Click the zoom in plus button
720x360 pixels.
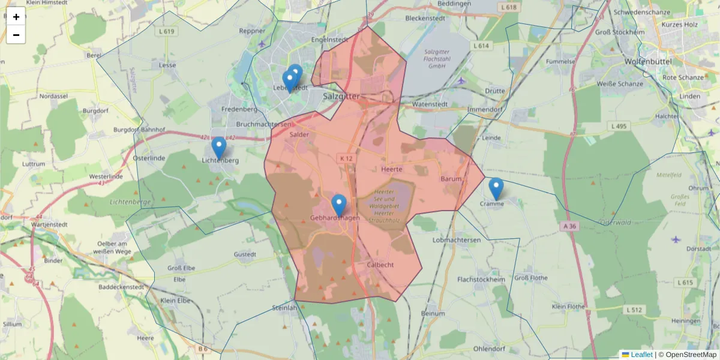(x=16, y=17)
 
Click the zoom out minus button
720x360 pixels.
(x=16, y=35)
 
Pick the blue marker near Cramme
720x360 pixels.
(x=496, y=189)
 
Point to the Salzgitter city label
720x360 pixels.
(x=341, y=96)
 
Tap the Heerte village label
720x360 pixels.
(x=391, y=170)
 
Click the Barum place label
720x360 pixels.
(x=451, y=179)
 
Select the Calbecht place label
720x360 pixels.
(x=380, y=265)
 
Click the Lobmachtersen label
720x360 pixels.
(x=457, y=240)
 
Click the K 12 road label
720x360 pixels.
(x=346, y=158)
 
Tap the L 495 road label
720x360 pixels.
(x=618, y=126)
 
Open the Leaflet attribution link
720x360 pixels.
(x=641, y=355)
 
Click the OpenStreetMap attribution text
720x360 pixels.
(x=688, y=355)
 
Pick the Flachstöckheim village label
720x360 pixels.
(x=481, y=280)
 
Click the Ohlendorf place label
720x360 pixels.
(x=491, y=349)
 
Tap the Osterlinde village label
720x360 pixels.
(x=149, y=158)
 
